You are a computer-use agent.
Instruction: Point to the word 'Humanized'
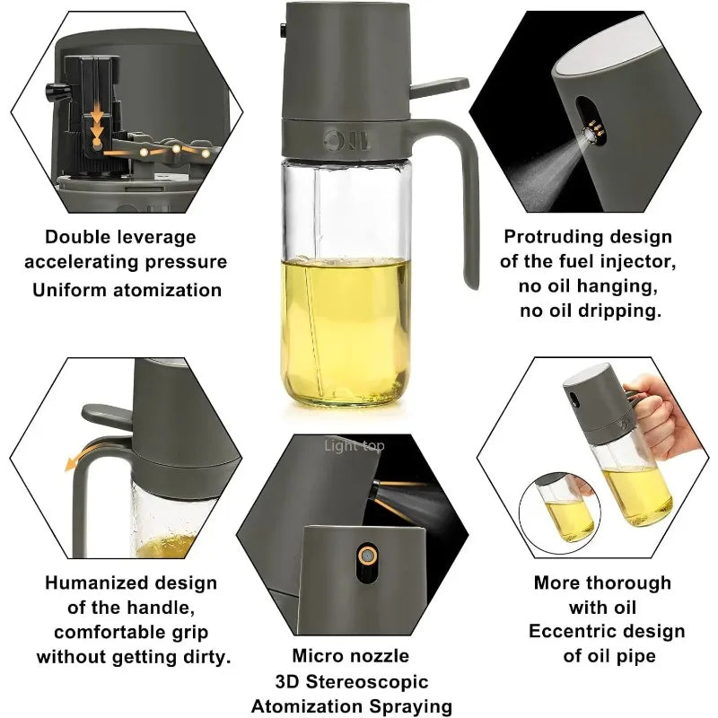90,582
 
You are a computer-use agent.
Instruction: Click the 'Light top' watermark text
354,445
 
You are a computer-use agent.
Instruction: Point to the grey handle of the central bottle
467,206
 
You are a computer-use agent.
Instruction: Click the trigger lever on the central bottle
440,87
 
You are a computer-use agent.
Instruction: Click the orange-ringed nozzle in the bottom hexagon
365,555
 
